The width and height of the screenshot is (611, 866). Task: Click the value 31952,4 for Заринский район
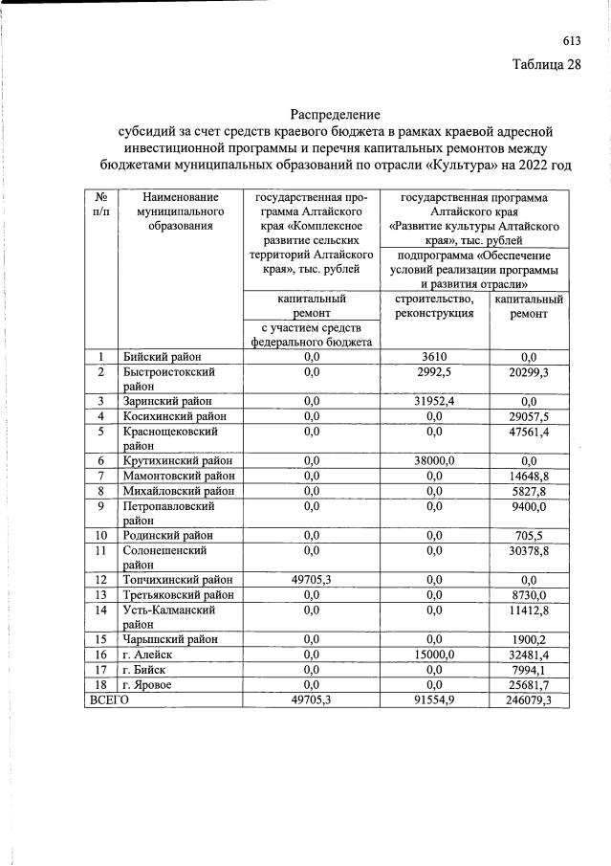tap(434, 401)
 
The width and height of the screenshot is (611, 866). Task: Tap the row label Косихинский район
tap(175, 416)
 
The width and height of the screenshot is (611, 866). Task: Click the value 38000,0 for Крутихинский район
tap(434, 460)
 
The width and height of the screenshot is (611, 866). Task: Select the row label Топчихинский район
tap(178, 579)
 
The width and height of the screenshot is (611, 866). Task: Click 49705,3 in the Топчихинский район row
tap(311, 579)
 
